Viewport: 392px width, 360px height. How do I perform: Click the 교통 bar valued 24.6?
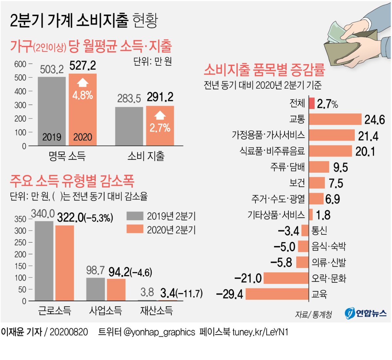coord(335,119)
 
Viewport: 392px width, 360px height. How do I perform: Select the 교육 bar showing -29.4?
coord(277,294)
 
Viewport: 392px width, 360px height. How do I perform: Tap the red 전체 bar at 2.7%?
coord(312,103)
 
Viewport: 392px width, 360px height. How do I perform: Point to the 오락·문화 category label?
coord(329,278)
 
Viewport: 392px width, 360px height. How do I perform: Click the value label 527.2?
coord(83,66)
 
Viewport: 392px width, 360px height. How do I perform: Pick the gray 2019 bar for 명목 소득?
coord(52,111)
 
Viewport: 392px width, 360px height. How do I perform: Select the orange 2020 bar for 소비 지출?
coord(160,126)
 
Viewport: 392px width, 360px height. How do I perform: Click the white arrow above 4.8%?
coord(83,83)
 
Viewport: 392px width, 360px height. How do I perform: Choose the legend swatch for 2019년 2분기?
coord(135,216)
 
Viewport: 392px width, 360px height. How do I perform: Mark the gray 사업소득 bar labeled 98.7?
coord(95,289)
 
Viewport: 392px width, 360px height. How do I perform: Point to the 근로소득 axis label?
coord(55,310)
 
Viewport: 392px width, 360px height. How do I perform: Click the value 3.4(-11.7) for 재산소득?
coord(181,293)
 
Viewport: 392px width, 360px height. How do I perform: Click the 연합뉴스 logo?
coord(366,313)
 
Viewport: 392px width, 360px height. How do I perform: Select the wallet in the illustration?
coord(350,49)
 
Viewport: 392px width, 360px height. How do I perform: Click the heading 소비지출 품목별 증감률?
coord(264,70)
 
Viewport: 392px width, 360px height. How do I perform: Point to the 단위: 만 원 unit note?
coord(153,61)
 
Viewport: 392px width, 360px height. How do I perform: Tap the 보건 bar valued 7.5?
coord(317,183)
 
